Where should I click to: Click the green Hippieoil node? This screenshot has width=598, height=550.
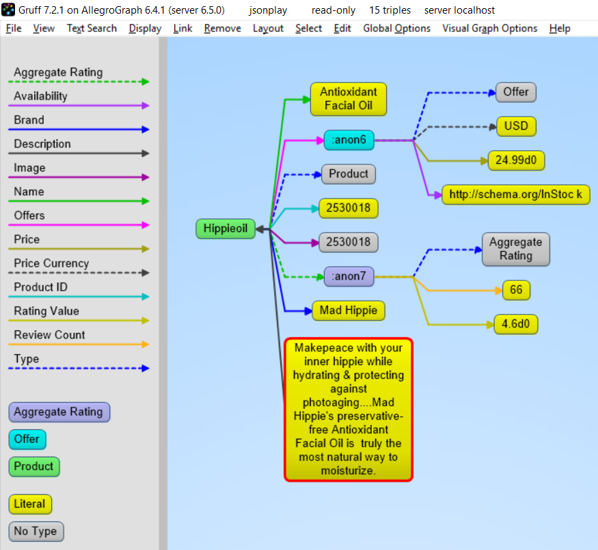pos(226,229)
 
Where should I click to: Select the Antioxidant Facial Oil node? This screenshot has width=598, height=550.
pos(349,99)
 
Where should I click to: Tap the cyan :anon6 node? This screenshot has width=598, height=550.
pos(349,141)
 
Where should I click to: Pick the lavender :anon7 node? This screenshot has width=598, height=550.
pos(349,276)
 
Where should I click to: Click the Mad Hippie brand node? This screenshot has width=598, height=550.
pos(349,310)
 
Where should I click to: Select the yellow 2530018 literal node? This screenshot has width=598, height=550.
pos(349,207)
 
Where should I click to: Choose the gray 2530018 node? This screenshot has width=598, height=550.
pos(349,242)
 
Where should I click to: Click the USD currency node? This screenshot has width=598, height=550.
pos(516,126)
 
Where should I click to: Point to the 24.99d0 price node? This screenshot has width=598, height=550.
pos(516,160)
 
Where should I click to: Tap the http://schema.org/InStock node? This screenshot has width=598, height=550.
pos(516,194)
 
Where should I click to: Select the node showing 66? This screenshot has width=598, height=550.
pos(516,290)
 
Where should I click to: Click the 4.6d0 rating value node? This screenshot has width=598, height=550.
pos(516,323)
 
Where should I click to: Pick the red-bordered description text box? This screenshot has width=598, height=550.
pos(349,409)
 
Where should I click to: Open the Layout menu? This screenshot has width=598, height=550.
pos(268,28)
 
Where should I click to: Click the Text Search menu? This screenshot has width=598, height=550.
pos(92,28)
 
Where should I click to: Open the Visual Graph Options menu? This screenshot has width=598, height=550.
pos(489,28)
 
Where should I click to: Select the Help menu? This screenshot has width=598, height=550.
pos(560,28)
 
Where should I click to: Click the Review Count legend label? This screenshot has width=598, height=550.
pos(49,335)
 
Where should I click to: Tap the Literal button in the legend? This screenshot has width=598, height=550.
pos(30,504)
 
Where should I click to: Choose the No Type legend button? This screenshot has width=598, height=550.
pos(36,532)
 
